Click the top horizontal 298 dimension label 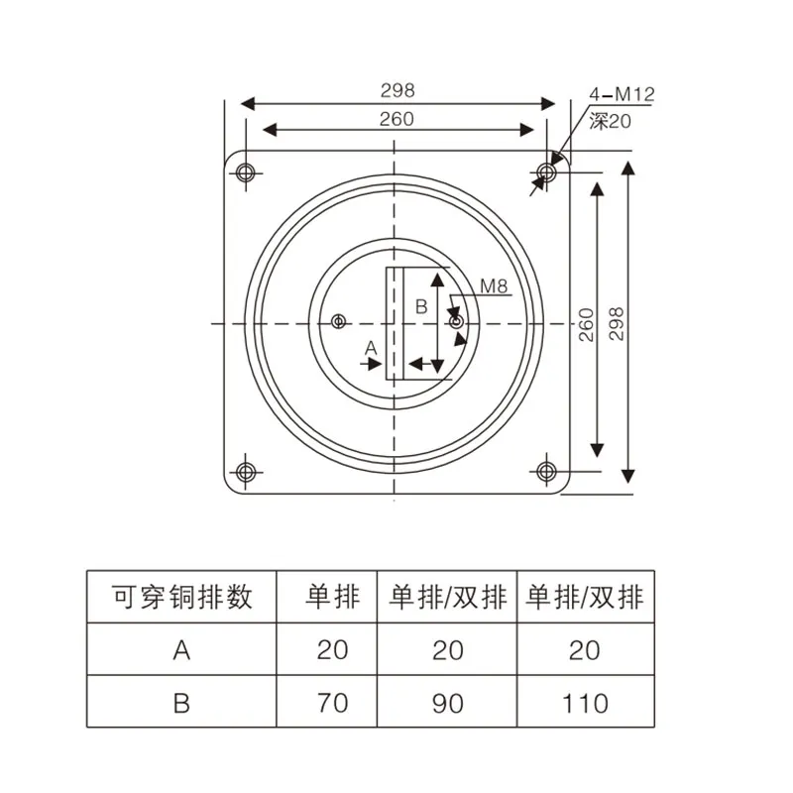(397, 89)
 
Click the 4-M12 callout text (622, 95)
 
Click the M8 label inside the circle (494, 286)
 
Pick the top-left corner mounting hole (247, 173)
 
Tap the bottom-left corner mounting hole (247, 471)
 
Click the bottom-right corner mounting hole (546, 471)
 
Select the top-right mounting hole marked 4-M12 (546, 173)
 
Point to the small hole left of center (339, 322)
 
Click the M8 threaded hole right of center (455, 322)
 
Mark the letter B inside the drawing (420, 307)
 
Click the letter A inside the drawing (371, 347)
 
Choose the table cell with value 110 (585, 704)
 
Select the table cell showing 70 (333, 704)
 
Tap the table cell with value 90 (448, 704)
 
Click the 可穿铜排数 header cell (181, 597)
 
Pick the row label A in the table (181, 650)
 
